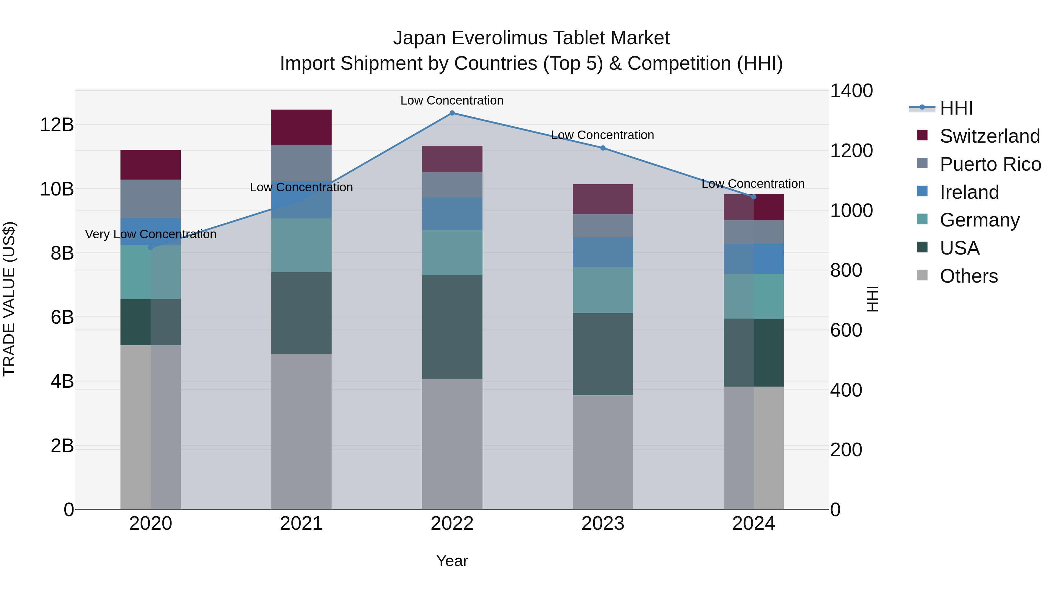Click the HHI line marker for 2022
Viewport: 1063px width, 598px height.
point(452,113)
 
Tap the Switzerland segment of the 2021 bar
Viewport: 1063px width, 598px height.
point(301,127)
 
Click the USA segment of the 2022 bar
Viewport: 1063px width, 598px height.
point(452,327)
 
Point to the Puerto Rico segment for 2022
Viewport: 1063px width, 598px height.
point(452,185)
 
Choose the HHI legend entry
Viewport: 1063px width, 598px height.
point(956,108)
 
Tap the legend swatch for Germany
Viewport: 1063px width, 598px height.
point(922,219)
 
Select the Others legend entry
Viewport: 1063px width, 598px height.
point(968,276)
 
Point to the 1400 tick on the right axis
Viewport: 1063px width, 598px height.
point(851,91)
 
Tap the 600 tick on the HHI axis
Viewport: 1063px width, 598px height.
point(846,330)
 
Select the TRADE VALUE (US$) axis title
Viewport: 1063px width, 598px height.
point(9,299)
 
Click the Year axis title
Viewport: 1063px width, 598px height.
point(452,561)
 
